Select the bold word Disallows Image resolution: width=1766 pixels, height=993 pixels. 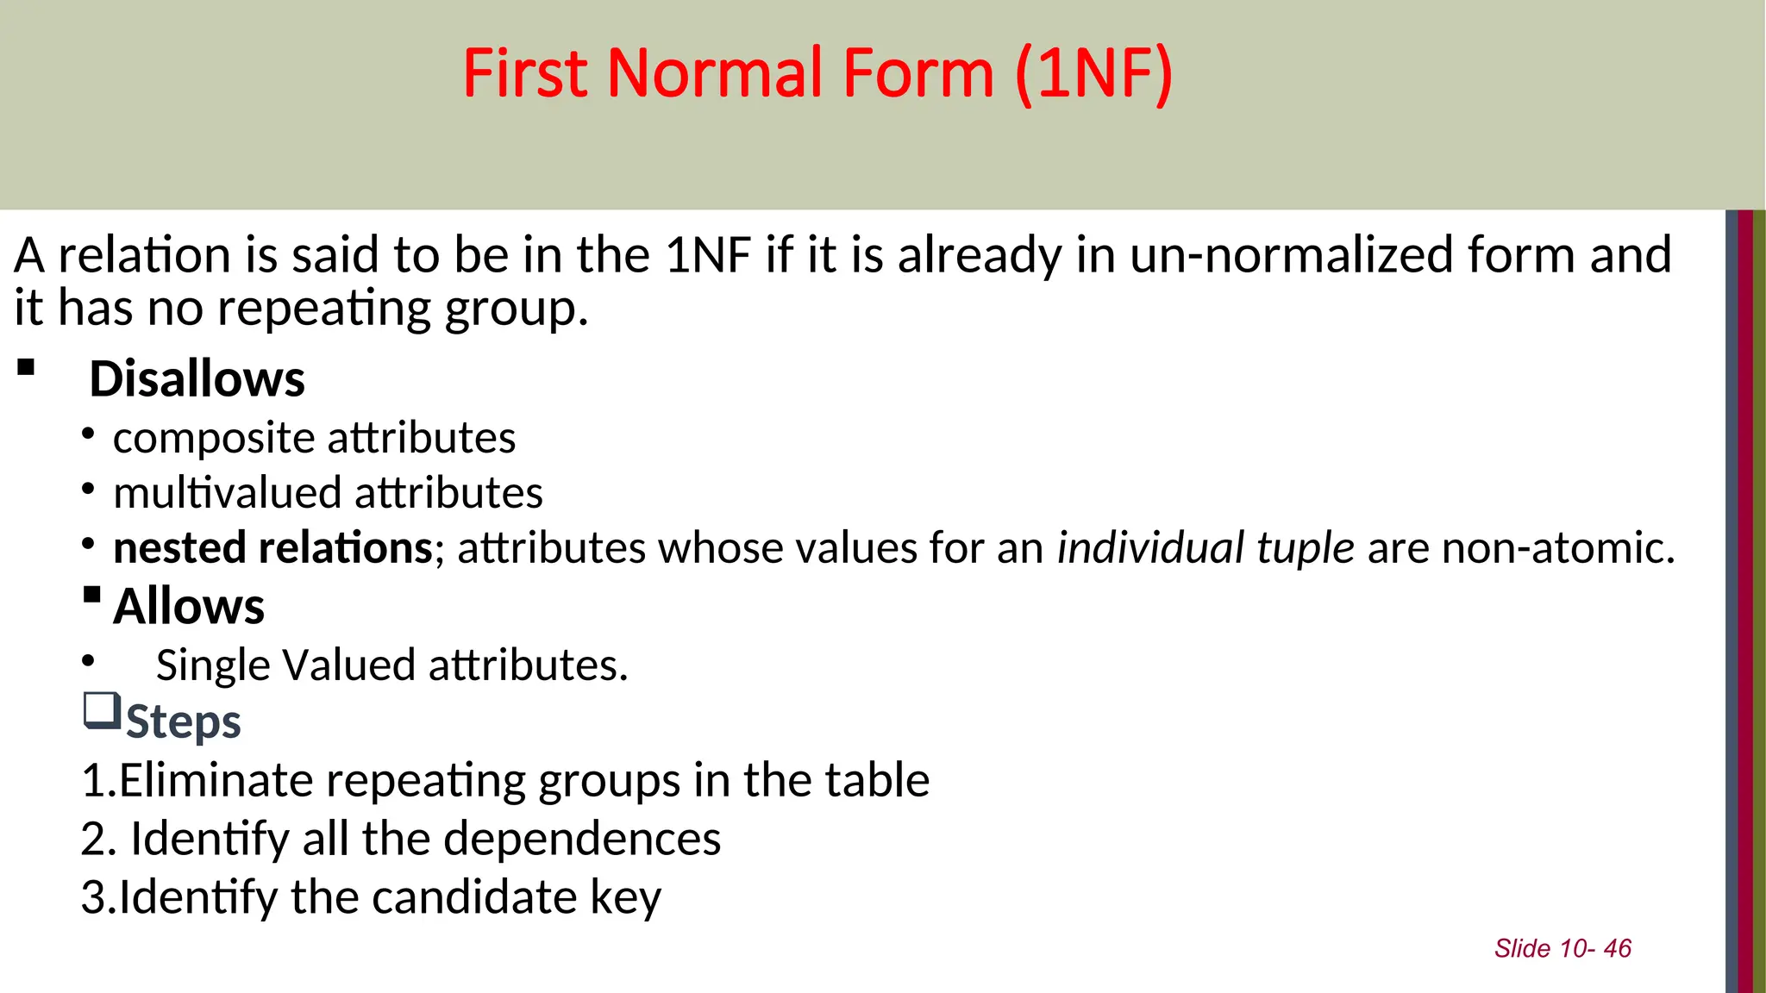pyautogui.click(x=197, y=379)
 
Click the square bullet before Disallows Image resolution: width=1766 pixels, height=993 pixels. pyautogui.click(x=26, y=368)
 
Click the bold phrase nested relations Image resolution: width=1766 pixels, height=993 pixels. pyautogui.click(x=272, y=548)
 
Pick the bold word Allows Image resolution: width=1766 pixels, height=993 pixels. pyautogui.click(x=189, y=606)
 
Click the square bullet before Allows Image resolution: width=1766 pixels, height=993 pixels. pyautogui.click(x=92, y=595)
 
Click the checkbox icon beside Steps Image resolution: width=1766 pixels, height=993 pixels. pyautogui.click(x=102, y=711)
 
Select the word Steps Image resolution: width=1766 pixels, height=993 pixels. pyautogui.click(x=184, y=721)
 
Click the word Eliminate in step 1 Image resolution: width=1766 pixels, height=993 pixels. pyautogui.click(x=216, y=780)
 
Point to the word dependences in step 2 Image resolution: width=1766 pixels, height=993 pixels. pyautogui.click(x=582, y=839)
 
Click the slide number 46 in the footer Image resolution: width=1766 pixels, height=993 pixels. pyautogui.click(x=1617, y=949)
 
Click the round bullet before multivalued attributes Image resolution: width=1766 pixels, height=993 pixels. pyautogui.click(x=88, y=489)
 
